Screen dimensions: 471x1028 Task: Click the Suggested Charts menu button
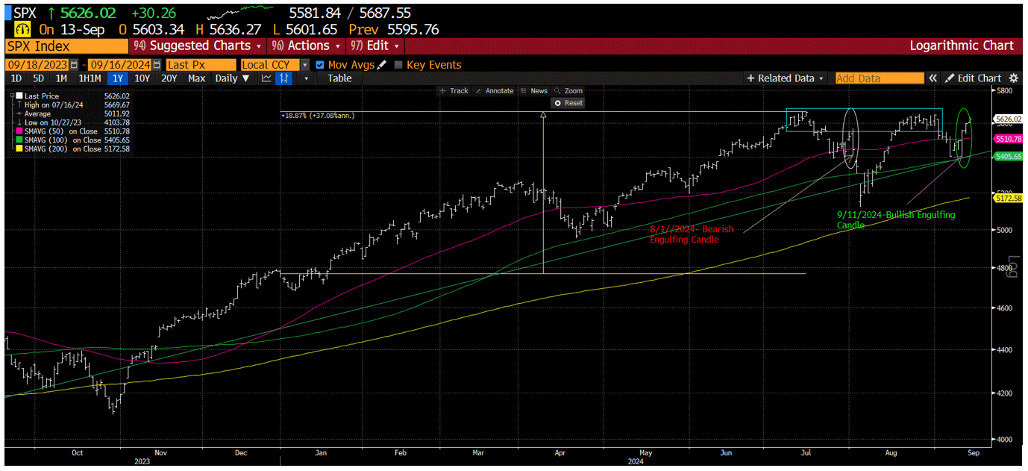[x=196, y=46]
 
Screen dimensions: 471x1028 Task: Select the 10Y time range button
[x=141, y=78]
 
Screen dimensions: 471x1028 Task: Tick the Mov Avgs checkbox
[x=320, y=65]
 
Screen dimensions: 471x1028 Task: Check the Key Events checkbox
[x=398, y=65]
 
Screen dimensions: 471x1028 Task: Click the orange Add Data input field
[x=879, y=78]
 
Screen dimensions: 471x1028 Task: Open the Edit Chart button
[x=974, y=78]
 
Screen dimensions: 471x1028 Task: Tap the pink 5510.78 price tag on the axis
[x=1008, y=139]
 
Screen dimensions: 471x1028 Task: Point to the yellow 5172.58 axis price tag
[x=1008, y=198]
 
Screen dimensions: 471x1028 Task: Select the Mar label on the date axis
[x=479, y=452]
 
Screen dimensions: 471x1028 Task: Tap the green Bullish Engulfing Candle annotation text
[x=895, y=219]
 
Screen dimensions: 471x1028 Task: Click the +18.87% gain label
[x=317, y=116]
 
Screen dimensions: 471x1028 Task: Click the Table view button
[x=339, y=78]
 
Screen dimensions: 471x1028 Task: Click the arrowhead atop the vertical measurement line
[x=543, y=115]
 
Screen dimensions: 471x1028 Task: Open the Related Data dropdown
[x=786, y=78]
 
